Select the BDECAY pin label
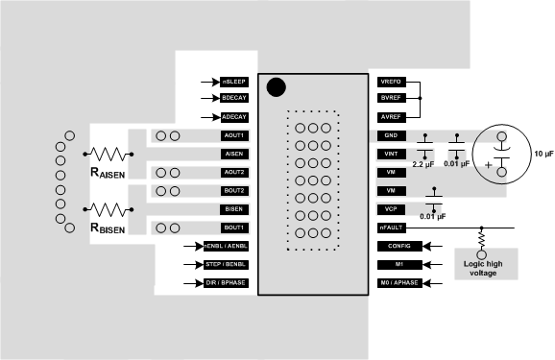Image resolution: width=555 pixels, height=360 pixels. [234, 98]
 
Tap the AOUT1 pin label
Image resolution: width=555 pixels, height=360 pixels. [234, 135]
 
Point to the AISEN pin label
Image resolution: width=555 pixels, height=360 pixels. [234, 154]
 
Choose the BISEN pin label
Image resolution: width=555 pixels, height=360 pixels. [234, 208]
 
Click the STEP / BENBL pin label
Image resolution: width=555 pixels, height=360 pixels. [227, 263]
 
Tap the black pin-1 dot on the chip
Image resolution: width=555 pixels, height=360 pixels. [277, 87]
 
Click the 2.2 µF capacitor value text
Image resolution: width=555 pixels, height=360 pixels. [424, 165]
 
